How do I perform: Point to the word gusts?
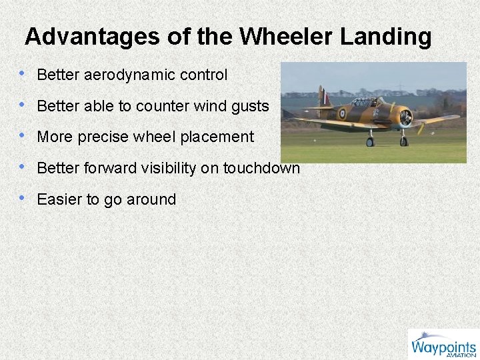[248, 106]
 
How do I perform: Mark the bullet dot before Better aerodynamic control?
[23, 74]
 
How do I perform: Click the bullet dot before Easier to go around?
[23, 198]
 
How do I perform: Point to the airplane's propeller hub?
[406, 118]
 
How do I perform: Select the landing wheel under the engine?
[403, 141]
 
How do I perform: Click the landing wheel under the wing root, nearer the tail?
[371, 141]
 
